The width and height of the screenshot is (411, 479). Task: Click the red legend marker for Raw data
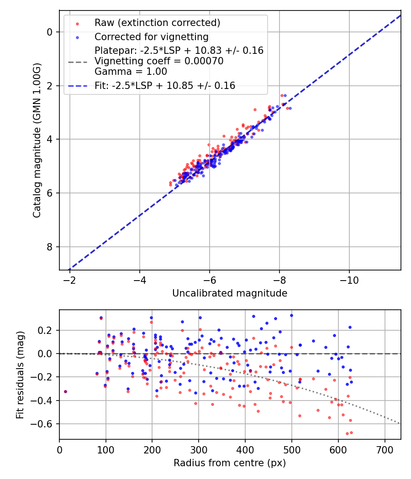coord(77,23)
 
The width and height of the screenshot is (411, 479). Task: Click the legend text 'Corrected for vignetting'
coord(151,36)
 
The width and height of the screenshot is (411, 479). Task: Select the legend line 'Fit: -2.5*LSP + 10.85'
coord(77,86)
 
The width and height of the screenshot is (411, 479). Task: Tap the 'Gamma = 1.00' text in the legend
coord(131,72)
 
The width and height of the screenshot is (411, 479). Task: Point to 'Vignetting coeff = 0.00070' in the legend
coord(159,61)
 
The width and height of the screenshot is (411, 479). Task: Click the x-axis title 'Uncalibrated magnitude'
coord(230,293)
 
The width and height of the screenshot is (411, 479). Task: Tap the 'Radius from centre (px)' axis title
coord(230,463)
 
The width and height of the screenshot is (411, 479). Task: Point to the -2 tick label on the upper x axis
coord(70,279)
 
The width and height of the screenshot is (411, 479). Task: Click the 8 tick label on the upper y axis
coord(51,247)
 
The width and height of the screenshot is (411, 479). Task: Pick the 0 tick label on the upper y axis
coord(51,32)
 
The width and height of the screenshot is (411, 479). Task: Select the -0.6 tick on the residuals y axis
coord(45,424)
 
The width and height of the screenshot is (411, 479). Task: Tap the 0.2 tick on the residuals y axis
coord(47,330)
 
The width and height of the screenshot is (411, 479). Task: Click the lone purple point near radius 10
coord(65,391)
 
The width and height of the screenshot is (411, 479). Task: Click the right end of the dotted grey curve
coord(400,424)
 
